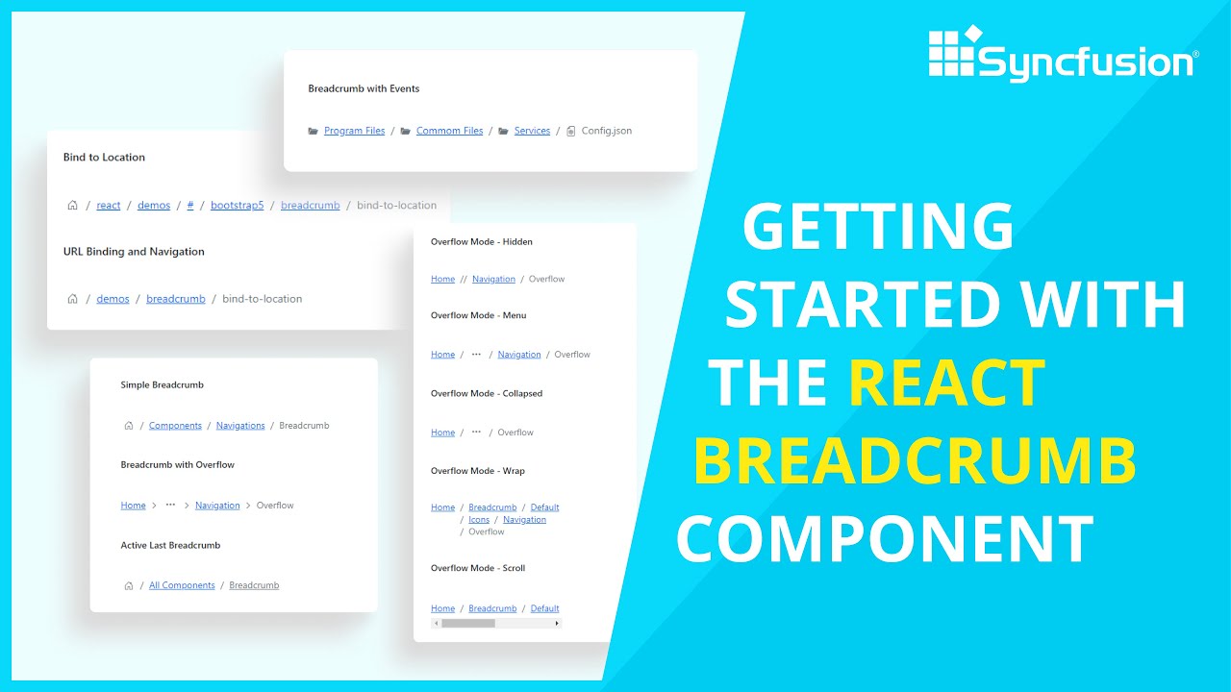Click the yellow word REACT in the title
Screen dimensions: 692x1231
[946, 383]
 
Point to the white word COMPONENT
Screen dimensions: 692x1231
[885, 539]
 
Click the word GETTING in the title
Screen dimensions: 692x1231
[878, 228]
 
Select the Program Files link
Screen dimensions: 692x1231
[354, 131]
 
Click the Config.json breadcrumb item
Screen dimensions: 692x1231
[606, 131]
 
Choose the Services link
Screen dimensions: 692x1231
[532, 131]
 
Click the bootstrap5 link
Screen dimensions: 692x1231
[237, 205]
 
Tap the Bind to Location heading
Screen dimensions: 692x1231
[104, 157]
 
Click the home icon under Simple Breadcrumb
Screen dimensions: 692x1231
[129, 425]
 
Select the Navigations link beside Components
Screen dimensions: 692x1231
[240, 425]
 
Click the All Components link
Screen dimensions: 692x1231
[182, 585]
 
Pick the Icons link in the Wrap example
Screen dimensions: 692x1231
[479, 520]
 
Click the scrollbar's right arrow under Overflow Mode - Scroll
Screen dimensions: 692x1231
[557, 623]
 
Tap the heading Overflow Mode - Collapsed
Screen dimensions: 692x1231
[487, 393]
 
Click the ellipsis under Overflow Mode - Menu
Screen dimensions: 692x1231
[476, 355]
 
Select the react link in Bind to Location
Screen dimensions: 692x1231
[109, 205]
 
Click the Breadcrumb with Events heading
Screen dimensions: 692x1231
[364, 88]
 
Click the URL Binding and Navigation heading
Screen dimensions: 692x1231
[134, 251]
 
